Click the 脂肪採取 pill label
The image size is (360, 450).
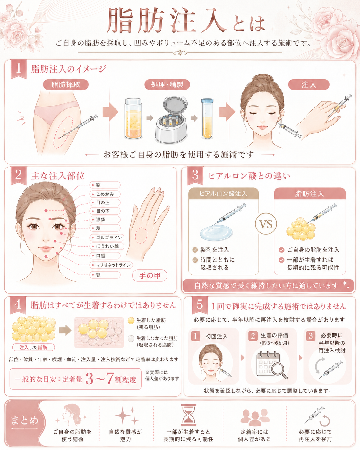point(66,84)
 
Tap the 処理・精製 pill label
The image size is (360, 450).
point(167,84)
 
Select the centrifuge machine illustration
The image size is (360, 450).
point(171,120)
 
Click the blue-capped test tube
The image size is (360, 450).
point(207,118)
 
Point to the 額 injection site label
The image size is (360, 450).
point(105,185)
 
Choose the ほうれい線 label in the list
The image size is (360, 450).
point(107,246)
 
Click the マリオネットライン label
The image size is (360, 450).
point(111,265)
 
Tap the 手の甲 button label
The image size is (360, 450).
point(150,275)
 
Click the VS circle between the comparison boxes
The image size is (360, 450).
point(266,224)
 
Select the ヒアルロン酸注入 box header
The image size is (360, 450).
point(224,193)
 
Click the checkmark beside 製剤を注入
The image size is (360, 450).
point(195,250)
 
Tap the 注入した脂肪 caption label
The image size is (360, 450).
point(33,347)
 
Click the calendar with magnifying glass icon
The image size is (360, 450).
point(272,365)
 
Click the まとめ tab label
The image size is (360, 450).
point(24,420)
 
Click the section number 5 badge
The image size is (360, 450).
point(200,305)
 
